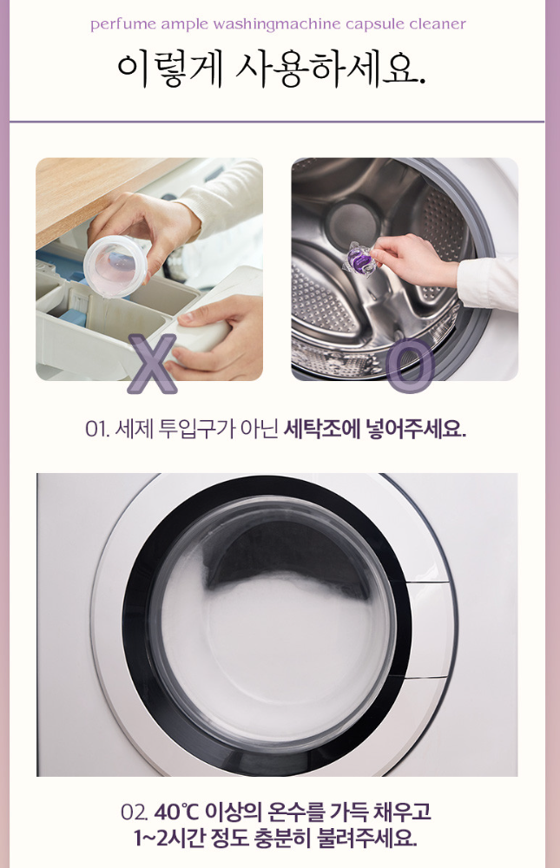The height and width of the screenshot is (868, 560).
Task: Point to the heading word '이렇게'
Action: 170,70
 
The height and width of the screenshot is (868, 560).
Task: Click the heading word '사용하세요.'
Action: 331,70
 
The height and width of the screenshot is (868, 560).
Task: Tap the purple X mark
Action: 152,364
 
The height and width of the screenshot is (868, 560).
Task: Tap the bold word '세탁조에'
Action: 321,429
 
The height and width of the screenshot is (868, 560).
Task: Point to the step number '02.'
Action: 135,812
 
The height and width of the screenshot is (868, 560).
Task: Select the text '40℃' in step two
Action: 176,812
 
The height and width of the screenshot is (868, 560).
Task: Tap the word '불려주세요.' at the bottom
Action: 366,838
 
